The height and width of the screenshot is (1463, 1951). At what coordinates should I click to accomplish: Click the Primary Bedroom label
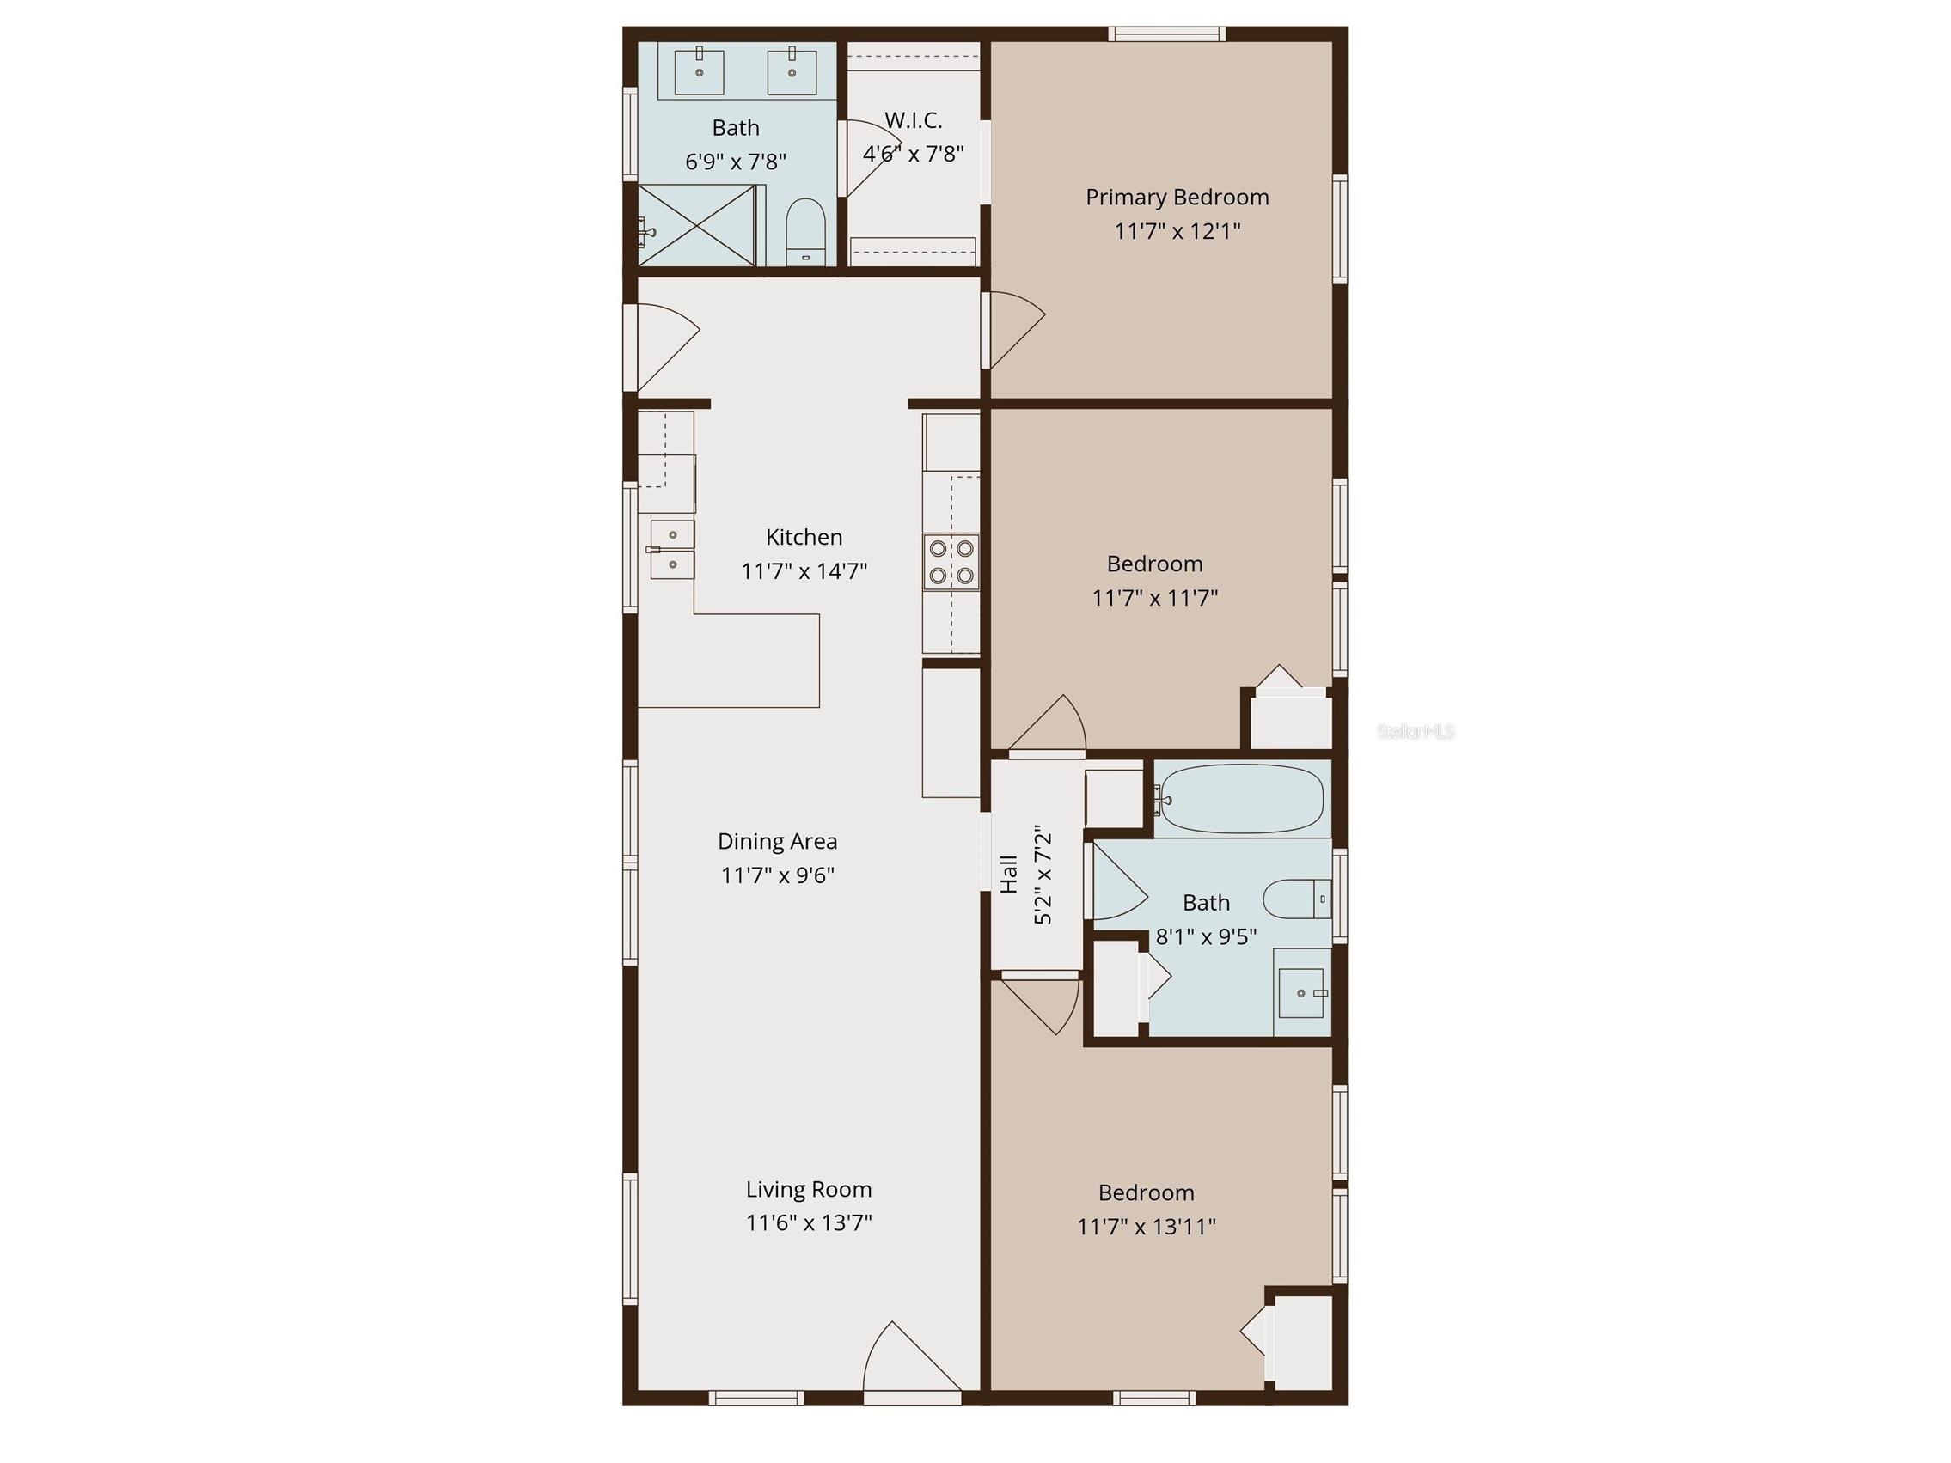(1177, 198)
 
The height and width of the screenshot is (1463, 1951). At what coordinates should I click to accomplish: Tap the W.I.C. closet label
(913, 120)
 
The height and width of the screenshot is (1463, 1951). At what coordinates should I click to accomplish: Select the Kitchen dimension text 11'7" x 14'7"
(804, 571)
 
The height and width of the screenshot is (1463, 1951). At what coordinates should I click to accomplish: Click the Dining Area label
(777, 841)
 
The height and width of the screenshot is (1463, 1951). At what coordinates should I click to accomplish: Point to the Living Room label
(809, 1190)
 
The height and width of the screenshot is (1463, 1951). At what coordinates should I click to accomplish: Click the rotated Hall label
(1009, 874)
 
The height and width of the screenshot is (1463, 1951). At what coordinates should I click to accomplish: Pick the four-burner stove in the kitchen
(951, 562)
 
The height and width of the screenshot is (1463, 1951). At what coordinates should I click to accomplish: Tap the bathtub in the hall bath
(1241, 800)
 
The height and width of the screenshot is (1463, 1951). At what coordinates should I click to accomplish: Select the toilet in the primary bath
(804, 231)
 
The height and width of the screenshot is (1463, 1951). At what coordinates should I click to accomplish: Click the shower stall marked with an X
(697, 225)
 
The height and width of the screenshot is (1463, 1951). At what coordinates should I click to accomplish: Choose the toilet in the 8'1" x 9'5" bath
(1297, 899)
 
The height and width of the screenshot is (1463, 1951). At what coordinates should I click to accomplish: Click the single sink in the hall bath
(1302, 993)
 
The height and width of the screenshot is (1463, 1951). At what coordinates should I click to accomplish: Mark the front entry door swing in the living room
(911, 1359)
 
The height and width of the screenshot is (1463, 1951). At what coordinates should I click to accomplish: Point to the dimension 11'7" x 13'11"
(1146, 1227)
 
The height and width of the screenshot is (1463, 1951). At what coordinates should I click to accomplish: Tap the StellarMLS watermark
(1415, 731)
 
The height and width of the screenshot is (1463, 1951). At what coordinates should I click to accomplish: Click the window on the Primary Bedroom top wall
(1166, 34)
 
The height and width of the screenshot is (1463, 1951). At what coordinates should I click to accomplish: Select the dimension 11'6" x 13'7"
(809, 1223)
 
